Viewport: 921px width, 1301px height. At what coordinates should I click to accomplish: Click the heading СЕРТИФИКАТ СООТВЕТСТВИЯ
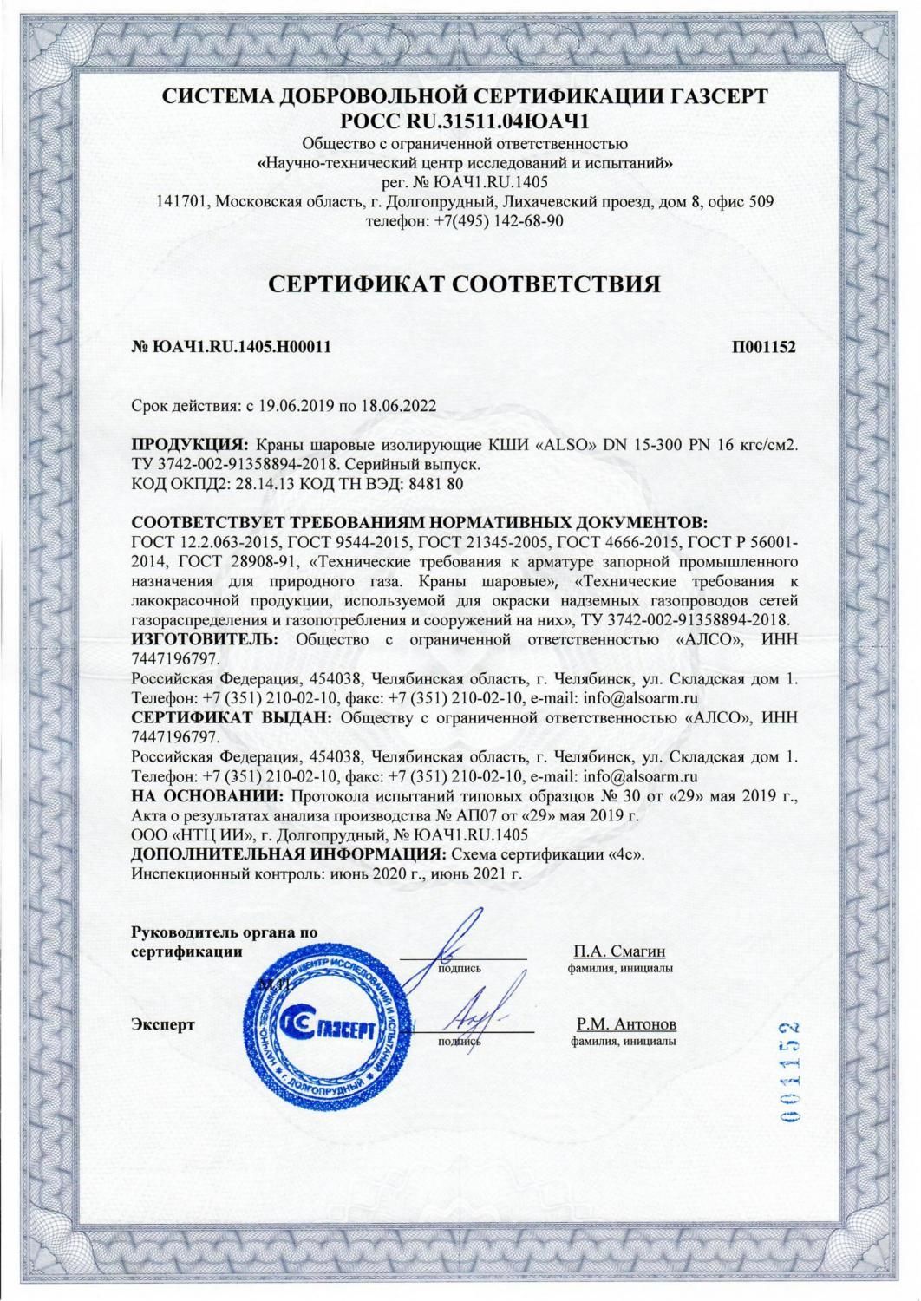[x=460, y=284]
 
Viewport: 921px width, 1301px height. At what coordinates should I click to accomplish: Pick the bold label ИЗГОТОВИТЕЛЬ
[x=203, y=640]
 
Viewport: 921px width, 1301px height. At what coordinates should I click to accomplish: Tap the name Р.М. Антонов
[x=626, y=1024]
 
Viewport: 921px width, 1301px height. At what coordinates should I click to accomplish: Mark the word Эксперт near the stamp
[x=161, y=1024]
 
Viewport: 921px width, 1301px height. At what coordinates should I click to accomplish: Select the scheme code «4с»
[x=625, y=853]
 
